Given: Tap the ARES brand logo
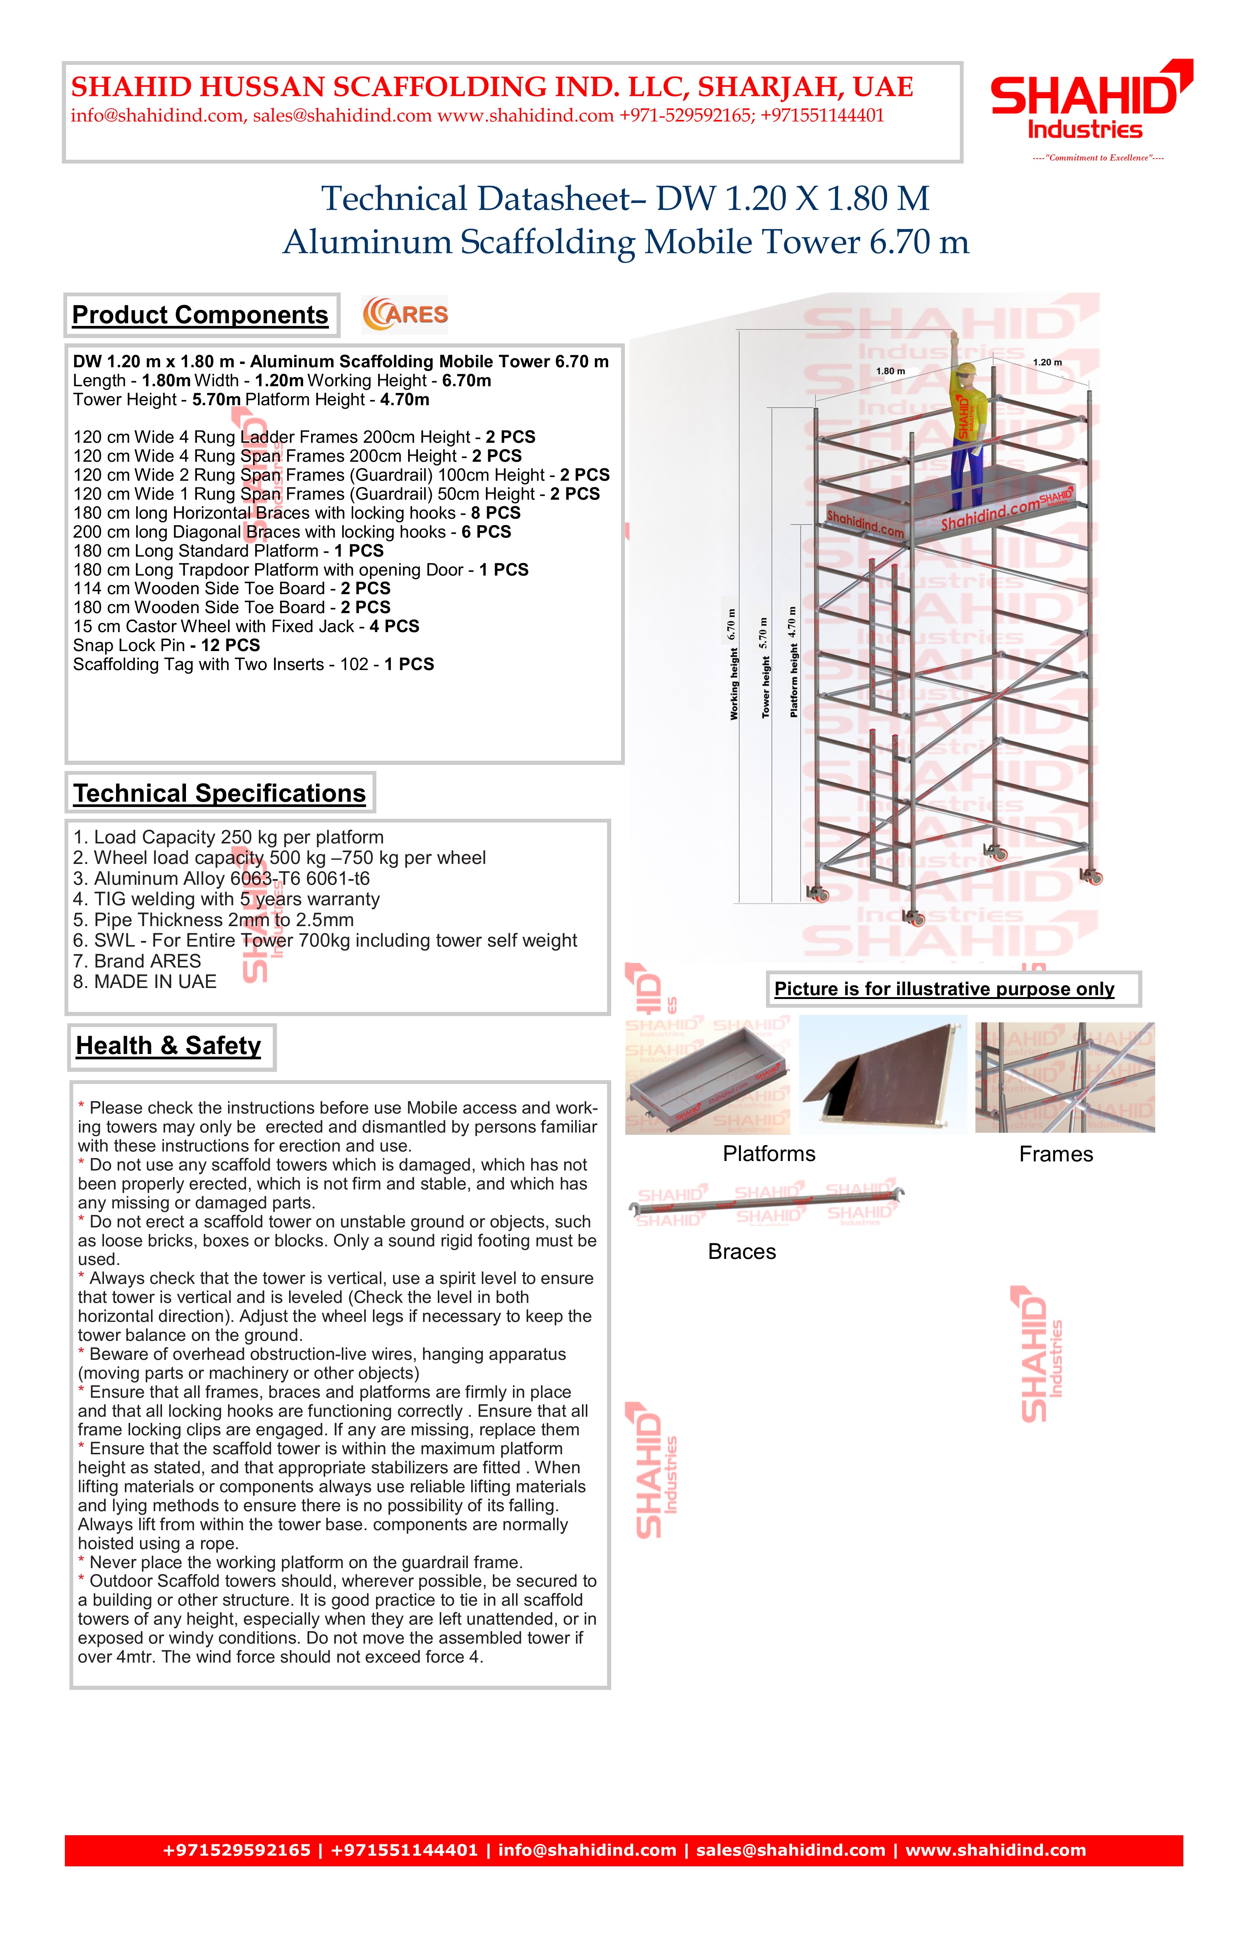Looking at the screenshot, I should (x=405, y=315).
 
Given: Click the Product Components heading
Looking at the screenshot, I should (x=200, y=315).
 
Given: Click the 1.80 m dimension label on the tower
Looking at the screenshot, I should (x=890, y=371).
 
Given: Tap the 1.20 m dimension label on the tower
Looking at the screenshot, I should (x=1047, y=363).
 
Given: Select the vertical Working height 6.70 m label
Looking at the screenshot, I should (x=733, y=664).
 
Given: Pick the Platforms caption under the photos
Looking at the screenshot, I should (x=769, y=1154).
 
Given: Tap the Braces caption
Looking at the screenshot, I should (x=741, y=1251).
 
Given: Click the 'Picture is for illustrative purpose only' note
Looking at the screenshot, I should (x=944, y=990).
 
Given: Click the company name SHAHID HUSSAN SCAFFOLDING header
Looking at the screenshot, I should (x=492, y=87).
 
